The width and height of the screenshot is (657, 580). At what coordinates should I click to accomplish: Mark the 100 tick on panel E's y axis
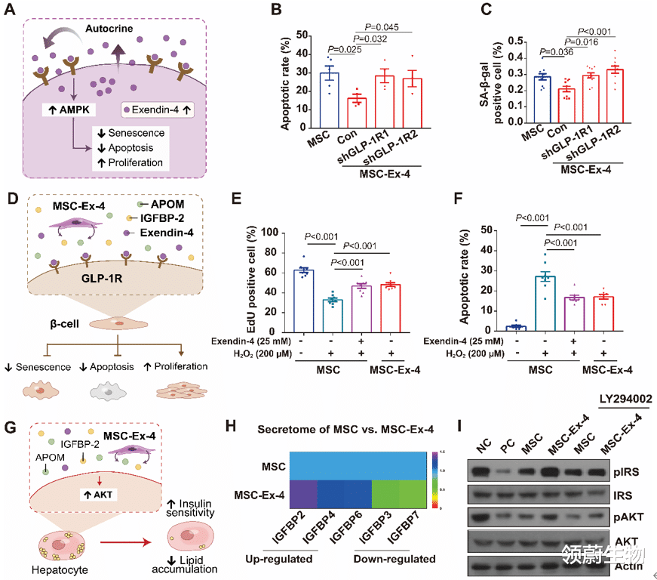click(280, 233)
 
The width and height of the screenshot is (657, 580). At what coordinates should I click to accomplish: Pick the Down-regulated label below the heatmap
click(395, 560)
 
